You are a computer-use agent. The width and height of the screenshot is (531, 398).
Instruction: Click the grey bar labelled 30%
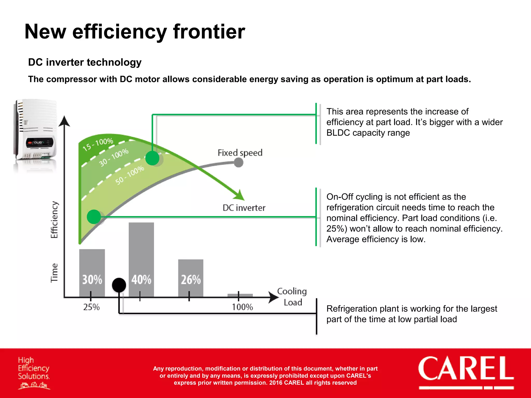point(92,272)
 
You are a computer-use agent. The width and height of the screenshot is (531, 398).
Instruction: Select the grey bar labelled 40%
point(141,259)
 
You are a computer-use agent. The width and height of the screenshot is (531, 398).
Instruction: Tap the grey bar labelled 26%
point(191,277)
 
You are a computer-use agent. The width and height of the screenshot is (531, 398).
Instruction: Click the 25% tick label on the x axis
point(91,307)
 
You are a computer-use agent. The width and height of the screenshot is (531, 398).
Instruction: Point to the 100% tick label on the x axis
point(242,307)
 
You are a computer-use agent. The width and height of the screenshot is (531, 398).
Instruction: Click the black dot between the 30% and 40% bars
point(119,285)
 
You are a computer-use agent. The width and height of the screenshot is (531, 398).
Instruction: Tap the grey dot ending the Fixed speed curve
point(239,162)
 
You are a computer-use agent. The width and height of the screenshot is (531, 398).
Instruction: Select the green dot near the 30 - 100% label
point(152,158)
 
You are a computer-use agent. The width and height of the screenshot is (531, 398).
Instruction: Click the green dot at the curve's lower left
point(94,217)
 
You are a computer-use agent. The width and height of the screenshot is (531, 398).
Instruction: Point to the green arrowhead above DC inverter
point(240,196)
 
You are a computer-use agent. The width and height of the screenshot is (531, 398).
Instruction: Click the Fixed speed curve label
point(240,153)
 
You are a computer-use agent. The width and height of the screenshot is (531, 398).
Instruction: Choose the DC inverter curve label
point(244,208)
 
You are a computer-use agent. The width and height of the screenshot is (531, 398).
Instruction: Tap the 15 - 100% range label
point(98,144)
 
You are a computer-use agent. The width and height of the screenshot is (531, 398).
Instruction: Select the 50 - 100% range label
point(130,175)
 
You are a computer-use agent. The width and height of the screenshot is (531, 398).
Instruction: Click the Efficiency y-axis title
point(54,220)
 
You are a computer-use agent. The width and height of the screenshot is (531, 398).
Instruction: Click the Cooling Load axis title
point(292,297)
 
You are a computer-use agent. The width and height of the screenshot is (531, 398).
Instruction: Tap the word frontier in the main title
point(209,32)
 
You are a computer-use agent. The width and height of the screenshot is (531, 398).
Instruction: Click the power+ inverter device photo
point(35,132)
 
